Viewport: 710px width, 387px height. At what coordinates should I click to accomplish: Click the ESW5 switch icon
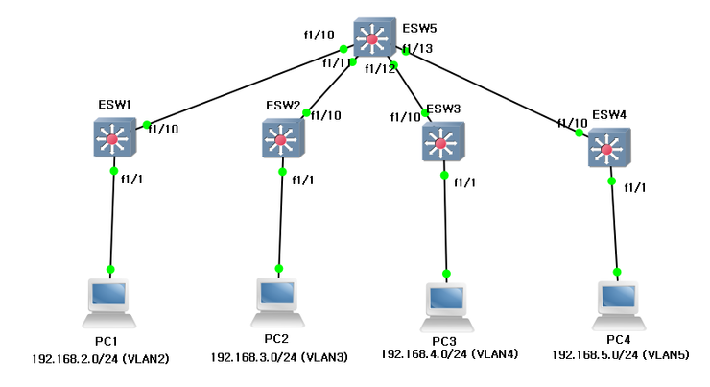pyautogui.click(x=374, y=39)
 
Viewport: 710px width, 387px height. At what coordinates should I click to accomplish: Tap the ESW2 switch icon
pyautogui.click(x=281, y=140)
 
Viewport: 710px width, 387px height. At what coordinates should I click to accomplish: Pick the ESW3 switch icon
pyautogui.click(x=442, y=144)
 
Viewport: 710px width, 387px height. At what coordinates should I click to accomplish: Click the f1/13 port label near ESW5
pyautogui.click(x=417, y=49)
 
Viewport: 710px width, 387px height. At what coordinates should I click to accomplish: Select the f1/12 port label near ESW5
pyautogui.click(x=380, y=68)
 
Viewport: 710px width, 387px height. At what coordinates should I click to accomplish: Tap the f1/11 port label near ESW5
pyautogui.click(x=338, y=63)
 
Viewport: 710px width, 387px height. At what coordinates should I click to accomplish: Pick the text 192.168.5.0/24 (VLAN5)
pyautogui.click(x=619, y=354)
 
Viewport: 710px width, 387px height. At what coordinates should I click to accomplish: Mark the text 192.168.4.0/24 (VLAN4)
pyautogui.click(x=449, y=353)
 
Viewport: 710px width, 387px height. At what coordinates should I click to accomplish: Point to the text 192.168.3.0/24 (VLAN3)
pyautogui.click(x=278, y=356)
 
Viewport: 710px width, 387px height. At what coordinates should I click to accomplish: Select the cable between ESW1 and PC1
pyautogui.click(x=112, y=221)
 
